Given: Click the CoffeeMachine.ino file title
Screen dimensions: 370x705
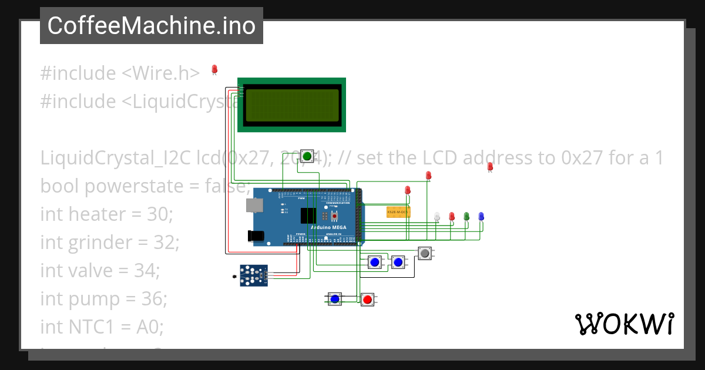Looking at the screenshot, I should pyautogui.click(x=152, y=26).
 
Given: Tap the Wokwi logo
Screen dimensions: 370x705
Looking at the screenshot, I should pyautogui.click(x=624, y=324).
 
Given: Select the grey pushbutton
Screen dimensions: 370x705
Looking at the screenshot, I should pyautogui.click(x=425, y=254).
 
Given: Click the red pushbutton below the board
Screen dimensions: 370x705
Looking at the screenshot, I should pyautogui.click(x=368, y=300).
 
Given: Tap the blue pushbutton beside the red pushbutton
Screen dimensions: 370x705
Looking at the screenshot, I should pyautogui.click(x=335, y=300).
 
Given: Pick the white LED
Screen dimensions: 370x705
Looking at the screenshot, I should pyautogui.click(x=437, y=217).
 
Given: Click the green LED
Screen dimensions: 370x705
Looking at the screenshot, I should pyautogui.click(x=466, y=217).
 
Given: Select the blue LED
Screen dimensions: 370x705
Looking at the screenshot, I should pyautogui.click(x=481, y=217).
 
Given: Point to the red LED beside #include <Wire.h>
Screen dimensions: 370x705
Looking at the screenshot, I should pyautogui.click(x=214, y=70).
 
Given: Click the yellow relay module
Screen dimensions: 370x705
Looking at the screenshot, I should pyautogui.click(x=398, y=212).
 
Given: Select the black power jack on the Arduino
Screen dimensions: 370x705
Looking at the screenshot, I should pyautogui.click(x=256, y=236).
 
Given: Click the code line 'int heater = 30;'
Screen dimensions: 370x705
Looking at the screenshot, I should pyautogui.click(x=107, y=214).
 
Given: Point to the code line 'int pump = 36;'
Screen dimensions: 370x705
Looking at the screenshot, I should pyautogui.click(x=104, y=299).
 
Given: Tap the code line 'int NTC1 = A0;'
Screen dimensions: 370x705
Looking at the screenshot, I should pyautogui.click(x=101, y=327).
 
